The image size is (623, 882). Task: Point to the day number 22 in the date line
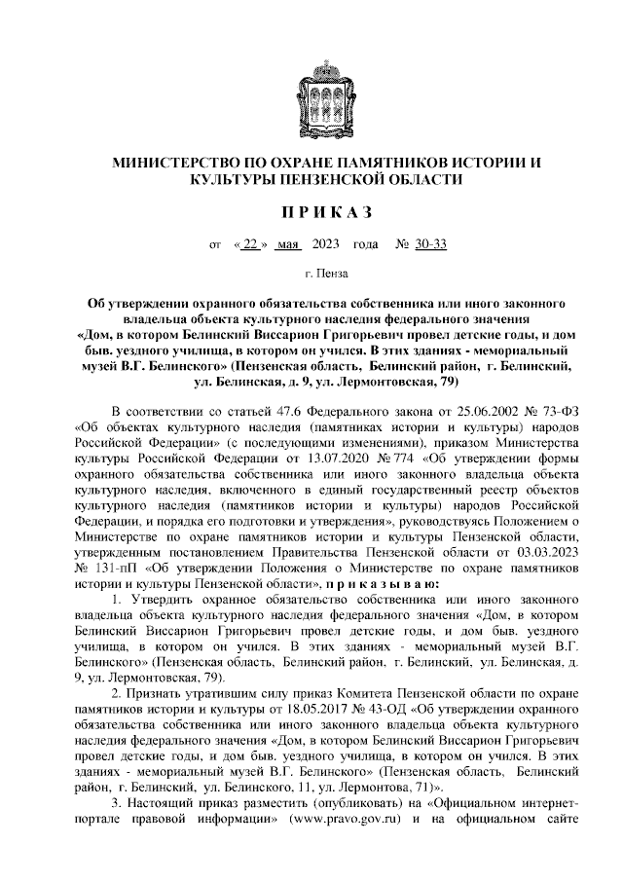tap(250, 244)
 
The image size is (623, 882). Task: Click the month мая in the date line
tap(288, 244)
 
